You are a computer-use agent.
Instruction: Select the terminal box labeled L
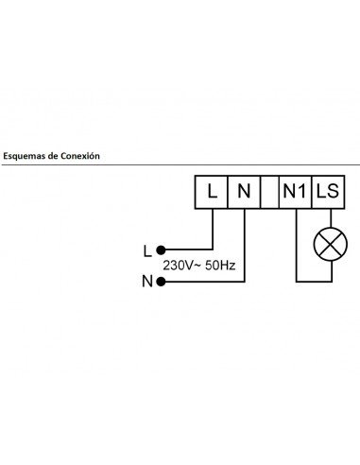point(212,193)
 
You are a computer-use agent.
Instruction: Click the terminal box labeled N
point(244,193)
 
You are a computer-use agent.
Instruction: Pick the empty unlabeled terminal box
point(268,193)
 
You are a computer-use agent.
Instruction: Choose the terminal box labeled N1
point(296,193)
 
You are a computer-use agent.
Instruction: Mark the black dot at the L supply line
point(162,250)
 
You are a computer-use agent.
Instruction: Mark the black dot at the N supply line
point(162,281)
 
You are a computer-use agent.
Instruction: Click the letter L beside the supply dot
point(146,250)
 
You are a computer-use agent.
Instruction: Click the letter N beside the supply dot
point(146,281)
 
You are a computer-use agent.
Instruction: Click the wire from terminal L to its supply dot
point(212,232)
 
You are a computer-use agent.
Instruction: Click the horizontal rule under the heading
point(180,165)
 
